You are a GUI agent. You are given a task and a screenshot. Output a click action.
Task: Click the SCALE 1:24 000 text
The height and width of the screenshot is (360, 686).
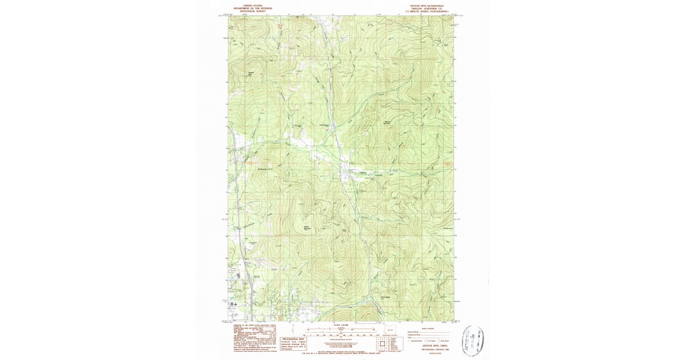point(342,325)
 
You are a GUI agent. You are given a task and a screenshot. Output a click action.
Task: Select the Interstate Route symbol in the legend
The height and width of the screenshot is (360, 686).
point(410,341)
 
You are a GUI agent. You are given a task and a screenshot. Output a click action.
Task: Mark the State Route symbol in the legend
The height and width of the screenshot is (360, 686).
point(441,341)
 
